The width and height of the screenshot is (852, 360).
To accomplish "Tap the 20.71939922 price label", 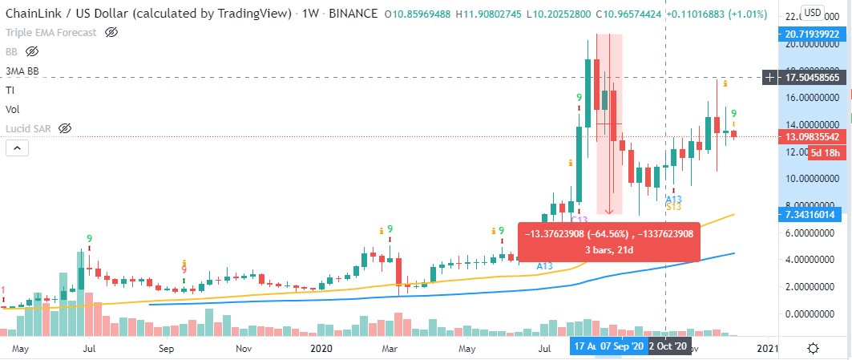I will point(814,34).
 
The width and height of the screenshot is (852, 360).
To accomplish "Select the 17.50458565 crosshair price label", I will point(814,78).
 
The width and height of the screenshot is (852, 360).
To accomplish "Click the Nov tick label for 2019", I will point(244,349).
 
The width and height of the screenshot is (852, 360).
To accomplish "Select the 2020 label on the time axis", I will point(319,349).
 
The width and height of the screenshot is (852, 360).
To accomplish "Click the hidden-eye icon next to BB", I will point(33,51).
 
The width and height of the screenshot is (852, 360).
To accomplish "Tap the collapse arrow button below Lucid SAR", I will point(16,148).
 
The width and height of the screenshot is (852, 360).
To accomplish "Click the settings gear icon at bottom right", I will point(813,348).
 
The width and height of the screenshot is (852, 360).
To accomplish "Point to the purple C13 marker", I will point(579,220).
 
